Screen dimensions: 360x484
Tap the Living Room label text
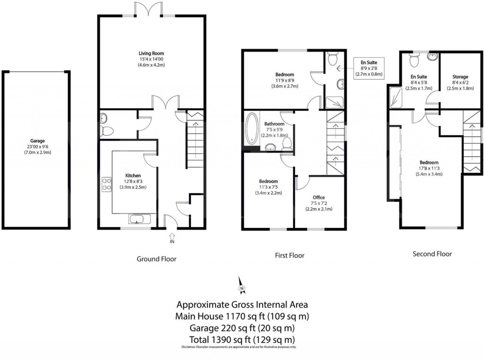pyautogui.click(x=151, y=53)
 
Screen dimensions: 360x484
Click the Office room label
pyautogui.click(x=319, y=197)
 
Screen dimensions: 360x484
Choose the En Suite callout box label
pyautogui.click(x=370, y=62)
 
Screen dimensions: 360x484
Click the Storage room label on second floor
pyautogui.click(x=460, y=77)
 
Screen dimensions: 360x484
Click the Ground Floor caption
pyautogui.click(x=156, y=259)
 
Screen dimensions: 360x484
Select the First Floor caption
pyautogui.click(x=290, y=255)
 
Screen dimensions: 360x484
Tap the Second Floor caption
pyautogui.click(x=432, y=254)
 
